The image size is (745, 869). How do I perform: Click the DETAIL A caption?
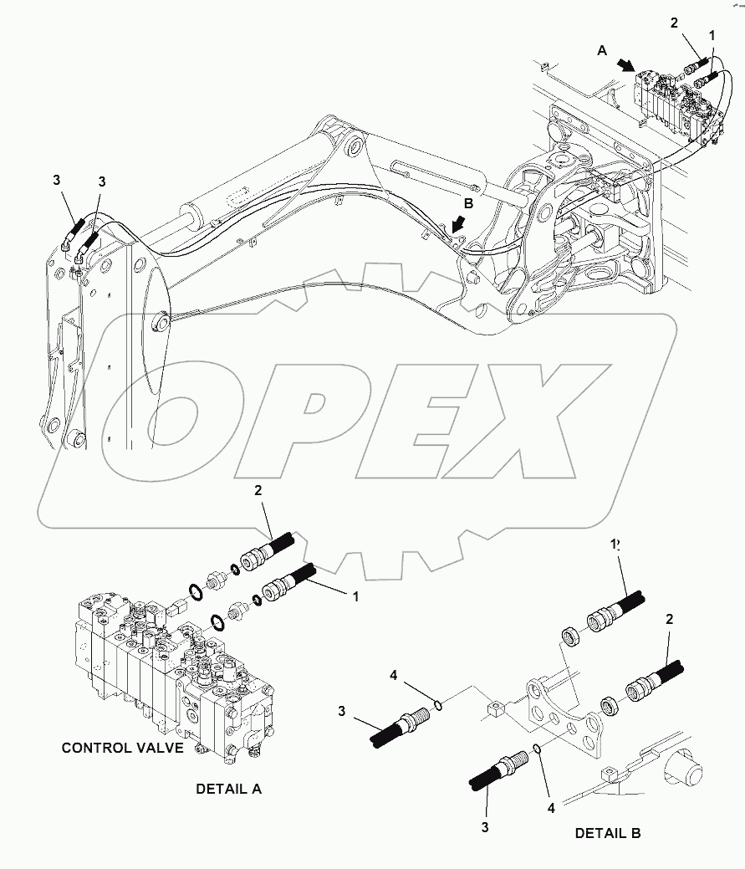click(x=228, y=789)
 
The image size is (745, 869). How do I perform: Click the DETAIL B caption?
click(x=607, y=833)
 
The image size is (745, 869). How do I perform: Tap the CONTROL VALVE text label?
click(x=122, y=748)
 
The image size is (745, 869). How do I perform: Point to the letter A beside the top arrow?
click(x=602, y=50)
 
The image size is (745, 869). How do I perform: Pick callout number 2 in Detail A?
click(x=258, y=491)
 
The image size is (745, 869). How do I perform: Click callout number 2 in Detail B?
click(x=669, y=620)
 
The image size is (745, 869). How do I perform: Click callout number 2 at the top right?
click(x=674, y=22)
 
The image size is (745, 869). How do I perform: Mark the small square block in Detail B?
click(x=496, y=712)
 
